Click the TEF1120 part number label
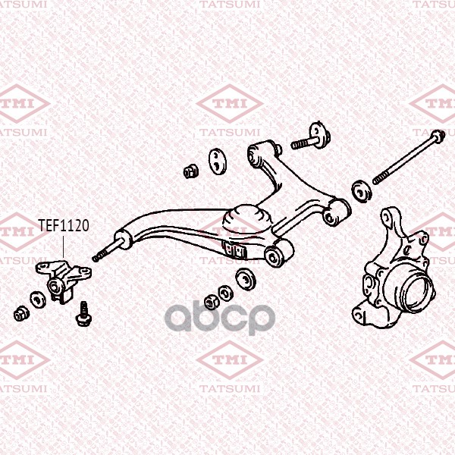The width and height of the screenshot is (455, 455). pos(64,225)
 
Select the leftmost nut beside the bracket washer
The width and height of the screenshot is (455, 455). pos(21,313)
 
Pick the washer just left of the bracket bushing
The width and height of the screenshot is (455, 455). pos(38,300)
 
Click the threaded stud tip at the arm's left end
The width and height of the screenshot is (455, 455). pos(96,258)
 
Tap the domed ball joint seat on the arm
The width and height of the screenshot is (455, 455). pos(247,220)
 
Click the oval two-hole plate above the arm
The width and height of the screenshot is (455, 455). pos(218,162)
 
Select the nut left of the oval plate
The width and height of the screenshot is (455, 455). pos(191,171)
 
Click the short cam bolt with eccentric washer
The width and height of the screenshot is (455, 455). pos(311,137)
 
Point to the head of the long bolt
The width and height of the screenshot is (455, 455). pos(438,136)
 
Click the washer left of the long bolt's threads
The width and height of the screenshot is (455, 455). pos(362,191)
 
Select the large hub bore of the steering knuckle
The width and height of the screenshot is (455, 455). pos(416,292)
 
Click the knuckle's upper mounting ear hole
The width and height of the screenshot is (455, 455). pos(386,216)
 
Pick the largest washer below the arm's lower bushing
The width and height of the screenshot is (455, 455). pos(246,279)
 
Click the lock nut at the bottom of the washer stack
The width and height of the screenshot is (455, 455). pos(212,302)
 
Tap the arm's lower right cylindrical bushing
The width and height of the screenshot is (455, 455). pos(279,253)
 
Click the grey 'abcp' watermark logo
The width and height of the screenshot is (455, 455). pos(220,318)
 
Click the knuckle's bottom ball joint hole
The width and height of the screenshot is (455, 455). pos(359,314)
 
